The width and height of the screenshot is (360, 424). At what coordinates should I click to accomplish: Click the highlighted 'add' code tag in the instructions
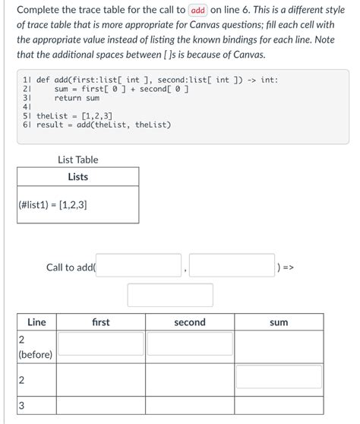(x=198, y=11)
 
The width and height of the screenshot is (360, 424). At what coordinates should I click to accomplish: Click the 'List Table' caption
(x=77, y=160)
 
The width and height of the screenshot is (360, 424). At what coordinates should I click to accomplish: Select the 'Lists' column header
(x=77, y=177)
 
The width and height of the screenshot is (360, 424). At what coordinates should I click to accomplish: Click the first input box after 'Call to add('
(x=139, y=267)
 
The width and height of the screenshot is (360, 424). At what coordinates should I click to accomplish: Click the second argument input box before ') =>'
(x=232, y=267)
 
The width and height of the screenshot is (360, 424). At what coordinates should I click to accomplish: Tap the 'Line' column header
(x=36, y=322)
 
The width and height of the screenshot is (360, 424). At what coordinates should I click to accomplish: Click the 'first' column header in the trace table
(x=100, y=322)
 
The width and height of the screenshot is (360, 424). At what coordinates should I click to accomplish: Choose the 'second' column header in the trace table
(x=189, y=322)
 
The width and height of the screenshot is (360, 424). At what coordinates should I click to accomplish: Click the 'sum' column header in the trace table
(x=279, y=322)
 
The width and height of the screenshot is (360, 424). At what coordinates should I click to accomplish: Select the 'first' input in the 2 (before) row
(x=100, y=344)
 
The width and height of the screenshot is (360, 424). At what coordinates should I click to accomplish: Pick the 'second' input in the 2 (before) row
(x=189, y=344)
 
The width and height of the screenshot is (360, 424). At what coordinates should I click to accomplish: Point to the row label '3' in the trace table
(x=21, y=406)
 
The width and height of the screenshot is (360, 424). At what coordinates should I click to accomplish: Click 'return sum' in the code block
(x=77, y=98)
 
